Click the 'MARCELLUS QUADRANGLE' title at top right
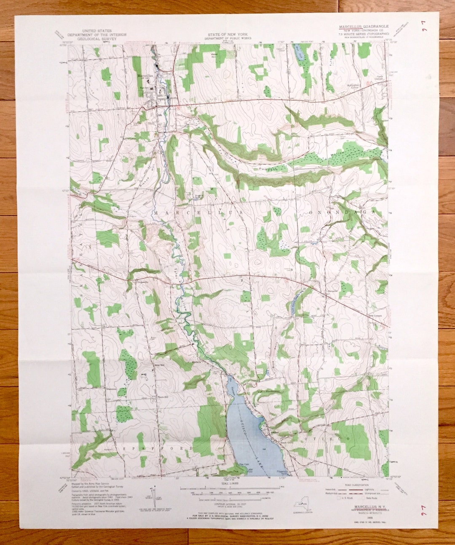pyautogui.click(x=364, y=26)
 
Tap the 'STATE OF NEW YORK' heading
pyautogui.click(x=227, y=34)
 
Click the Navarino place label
pyautogui.click(x=332, y=291)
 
